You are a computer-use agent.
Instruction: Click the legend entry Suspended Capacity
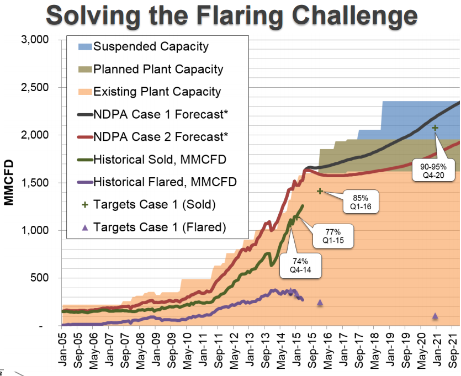[151, 46]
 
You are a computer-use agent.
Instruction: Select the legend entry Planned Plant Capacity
[158, 70]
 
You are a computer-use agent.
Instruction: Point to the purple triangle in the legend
[84, 226]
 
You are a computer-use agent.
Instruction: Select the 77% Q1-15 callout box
[333, 236]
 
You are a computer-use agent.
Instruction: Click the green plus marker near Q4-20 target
[435, 128]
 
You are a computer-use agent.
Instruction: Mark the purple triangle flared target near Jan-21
[435, 316]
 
